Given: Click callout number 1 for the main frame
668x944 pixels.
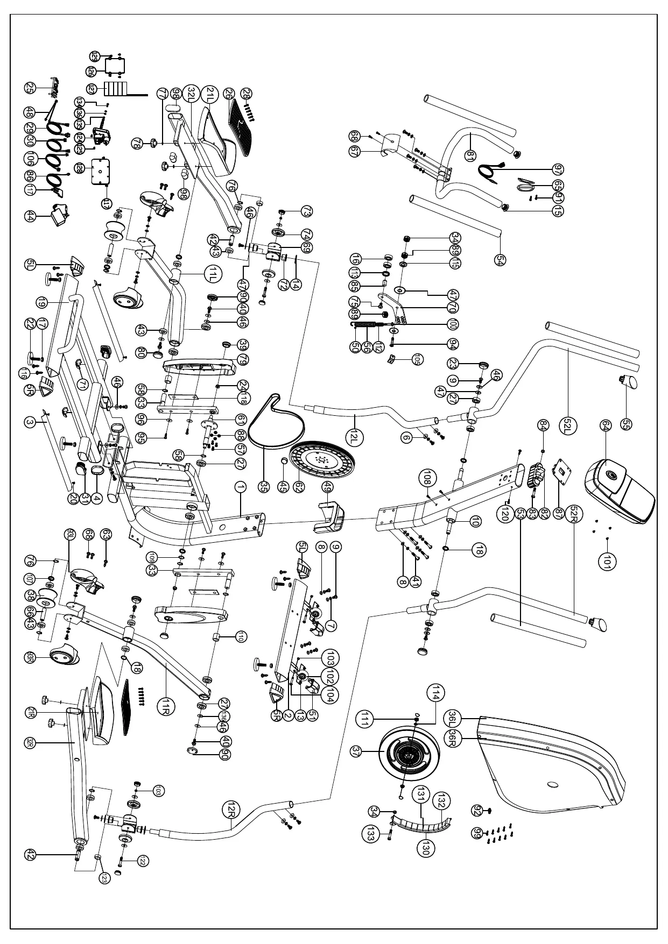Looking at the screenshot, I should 241,487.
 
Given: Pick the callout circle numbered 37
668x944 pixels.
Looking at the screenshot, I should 370,752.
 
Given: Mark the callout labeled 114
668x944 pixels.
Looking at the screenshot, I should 434,694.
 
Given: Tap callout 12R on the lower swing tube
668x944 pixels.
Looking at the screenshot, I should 231,810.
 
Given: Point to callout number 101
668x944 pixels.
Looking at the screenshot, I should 607,561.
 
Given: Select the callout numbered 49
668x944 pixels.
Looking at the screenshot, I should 327,487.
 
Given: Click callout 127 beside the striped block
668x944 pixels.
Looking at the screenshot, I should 92,89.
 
